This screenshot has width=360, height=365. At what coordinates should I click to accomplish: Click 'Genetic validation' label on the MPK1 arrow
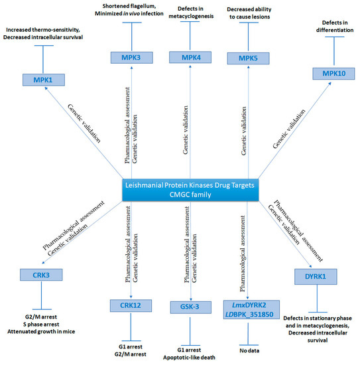84,123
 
